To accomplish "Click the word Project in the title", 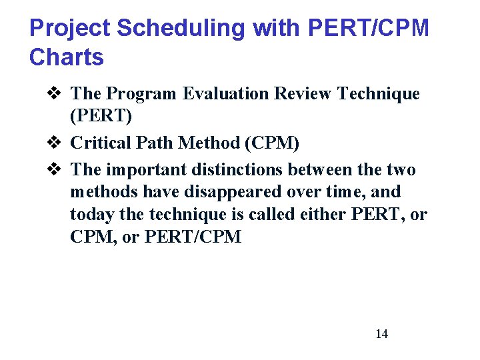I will pyautogui.click(x=69, y=28).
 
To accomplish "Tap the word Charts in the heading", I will pyautogui.click(x=67, y=57).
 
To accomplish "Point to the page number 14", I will pyautogui.click(x=381, y=334).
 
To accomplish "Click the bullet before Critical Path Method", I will pyautogui.click(x=56, y=143).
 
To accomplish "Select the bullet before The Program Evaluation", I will pyautogui.click(x=56, y=94).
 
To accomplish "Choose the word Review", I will pyautogui.click(x=300, y=94).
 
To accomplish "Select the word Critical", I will pyautogui.click(x=98, y=143).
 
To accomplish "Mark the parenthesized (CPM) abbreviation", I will pyautogui.click(x=267, y=143).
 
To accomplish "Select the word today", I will pyautogui.click(x=89, y=215).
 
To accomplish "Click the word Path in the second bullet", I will pyautogui.click(x=149, y=143).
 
